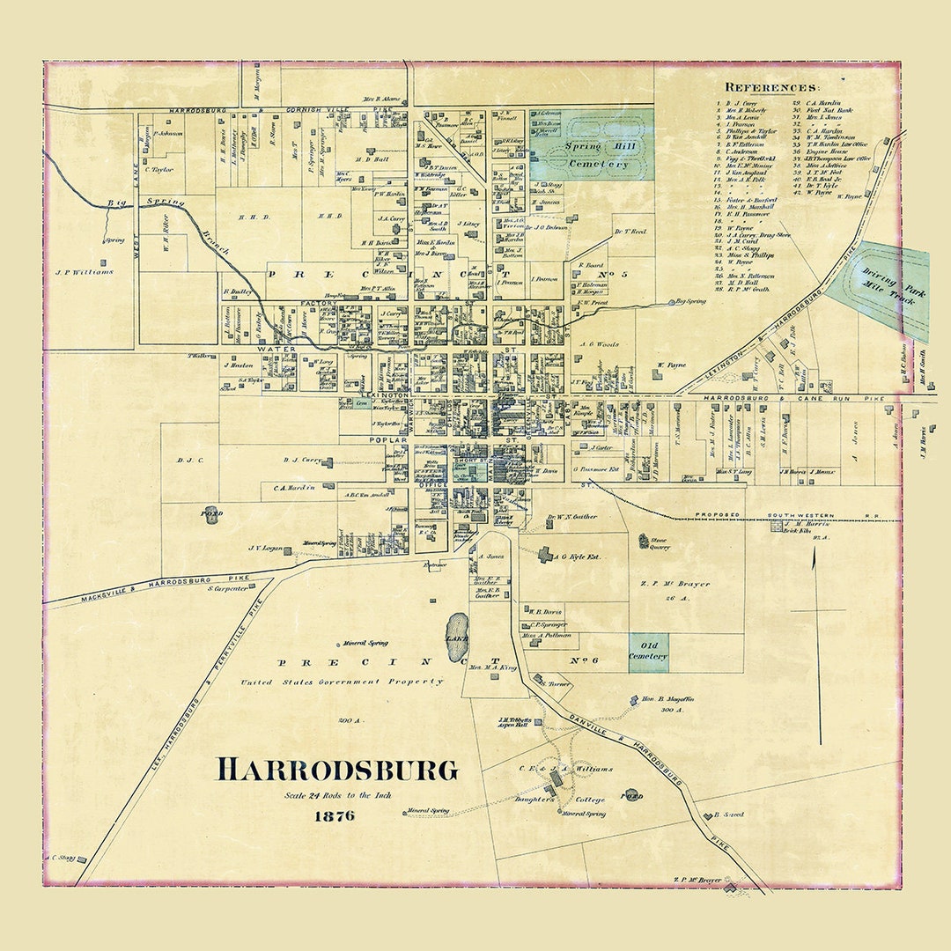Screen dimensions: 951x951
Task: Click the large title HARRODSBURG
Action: [337, 770]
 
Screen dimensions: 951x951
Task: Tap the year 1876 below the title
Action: [335, 815]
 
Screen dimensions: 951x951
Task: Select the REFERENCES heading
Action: [771, 87]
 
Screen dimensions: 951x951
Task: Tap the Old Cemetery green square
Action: [648, 652]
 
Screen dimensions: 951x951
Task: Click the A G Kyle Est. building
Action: [546, 555]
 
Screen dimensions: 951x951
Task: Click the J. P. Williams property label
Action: [84, 272]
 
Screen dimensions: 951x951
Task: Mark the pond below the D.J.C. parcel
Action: [211, 512]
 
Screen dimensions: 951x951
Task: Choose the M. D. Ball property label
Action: [372, 159]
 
